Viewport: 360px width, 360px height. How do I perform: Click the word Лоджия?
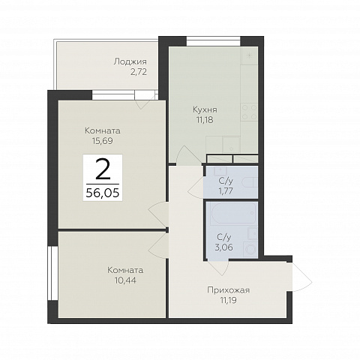point(130,61)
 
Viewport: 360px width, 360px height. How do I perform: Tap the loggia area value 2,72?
point(138,72)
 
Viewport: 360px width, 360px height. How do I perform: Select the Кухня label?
point(205,109)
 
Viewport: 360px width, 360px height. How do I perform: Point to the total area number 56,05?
point(103,193)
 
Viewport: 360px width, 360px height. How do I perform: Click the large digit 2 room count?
point(103,169)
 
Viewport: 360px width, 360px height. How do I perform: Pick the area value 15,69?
point(103,141)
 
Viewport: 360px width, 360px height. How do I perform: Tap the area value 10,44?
point(125,280)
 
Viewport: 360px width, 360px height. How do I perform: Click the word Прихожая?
point(229,290)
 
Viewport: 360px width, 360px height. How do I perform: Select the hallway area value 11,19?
point(227,300)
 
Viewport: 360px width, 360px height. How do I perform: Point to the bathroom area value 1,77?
point(226,191)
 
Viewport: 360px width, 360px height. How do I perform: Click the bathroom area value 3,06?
point(224,247)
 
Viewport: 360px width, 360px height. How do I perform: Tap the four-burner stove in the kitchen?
point(249,112)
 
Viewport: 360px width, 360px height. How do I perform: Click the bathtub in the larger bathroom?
point(233,214)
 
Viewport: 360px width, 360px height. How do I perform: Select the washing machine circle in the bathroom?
point(250,249)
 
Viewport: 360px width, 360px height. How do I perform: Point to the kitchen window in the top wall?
point(214,41)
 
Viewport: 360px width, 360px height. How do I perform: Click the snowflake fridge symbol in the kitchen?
point(249,55)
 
